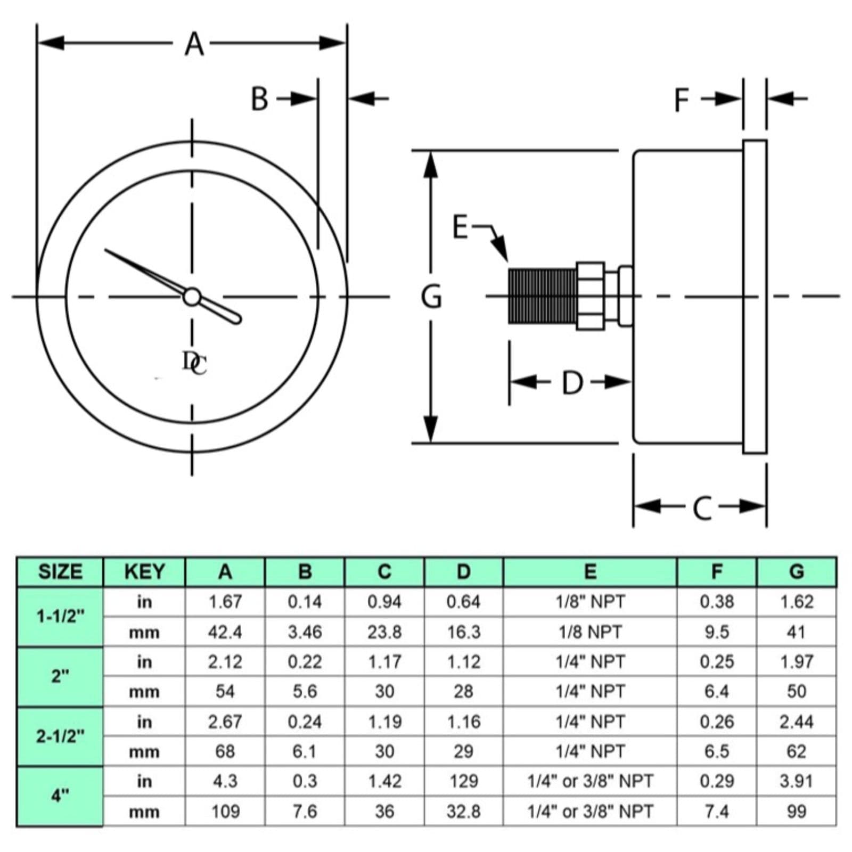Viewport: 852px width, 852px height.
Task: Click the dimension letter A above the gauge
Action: (194, 44)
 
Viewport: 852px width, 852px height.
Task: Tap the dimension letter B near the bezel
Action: (259, 99)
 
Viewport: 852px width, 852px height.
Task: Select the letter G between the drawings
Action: (431, 297)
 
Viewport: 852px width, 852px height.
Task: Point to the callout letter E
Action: (460, 227)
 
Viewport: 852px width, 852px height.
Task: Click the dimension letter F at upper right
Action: (682, 100)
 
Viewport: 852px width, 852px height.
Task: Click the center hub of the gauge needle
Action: (192, 297)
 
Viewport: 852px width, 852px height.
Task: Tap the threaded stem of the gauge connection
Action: (542, 296)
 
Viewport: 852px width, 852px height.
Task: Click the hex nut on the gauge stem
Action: (590, 296)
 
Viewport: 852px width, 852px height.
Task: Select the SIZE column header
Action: (60, 572)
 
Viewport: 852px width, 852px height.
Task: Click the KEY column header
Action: (144, 572)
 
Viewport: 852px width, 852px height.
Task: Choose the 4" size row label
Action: (60, 796)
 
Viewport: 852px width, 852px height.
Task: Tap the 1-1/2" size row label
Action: (60, 617)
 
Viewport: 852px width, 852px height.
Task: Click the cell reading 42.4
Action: (225, 632)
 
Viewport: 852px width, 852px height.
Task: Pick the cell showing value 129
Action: (463, 781)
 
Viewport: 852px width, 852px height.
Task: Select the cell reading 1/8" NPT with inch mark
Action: (590, 602)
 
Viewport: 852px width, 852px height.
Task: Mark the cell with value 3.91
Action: (796, 781)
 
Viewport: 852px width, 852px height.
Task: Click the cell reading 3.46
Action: (305, 632)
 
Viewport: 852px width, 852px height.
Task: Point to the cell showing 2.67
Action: (225, 722)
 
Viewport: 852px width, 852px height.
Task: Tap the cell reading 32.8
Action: (463, 812)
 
